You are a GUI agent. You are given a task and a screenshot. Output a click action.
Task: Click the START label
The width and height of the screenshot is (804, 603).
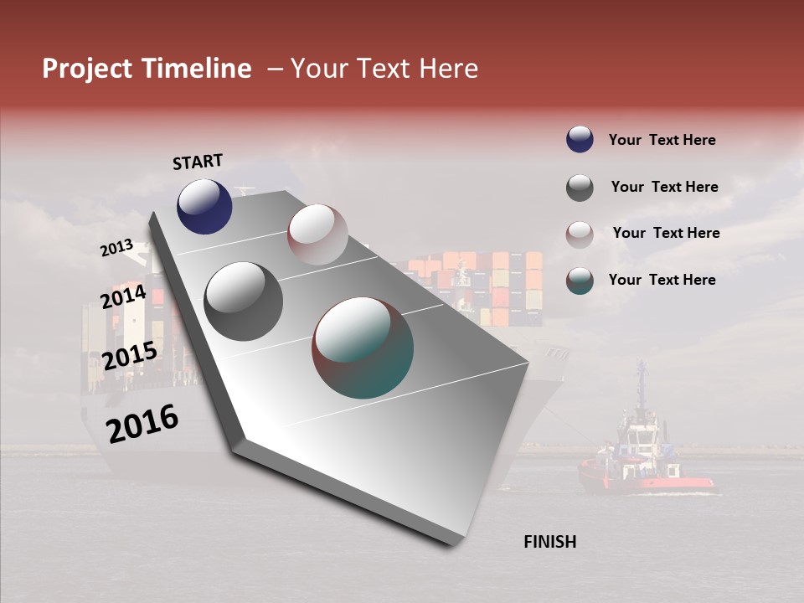[198, 162]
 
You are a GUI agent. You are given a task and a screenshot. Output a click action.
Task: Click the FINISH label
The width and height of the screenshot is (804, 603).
[549, 542]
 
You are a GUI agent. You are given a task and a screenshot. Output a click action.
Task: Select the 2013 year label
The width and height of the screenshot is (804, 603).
[116, 248]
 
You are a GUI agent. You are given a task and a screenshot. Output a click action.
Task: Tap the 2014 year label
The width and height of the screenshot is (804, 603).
[123, 297]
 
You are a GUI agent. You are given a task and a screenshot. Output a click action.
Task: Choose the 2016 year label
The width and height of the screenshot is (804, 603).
[142, 424]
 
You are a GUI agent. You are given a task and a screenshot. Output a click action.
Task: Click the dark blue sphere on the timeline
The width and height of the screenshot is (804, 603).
[204, 206]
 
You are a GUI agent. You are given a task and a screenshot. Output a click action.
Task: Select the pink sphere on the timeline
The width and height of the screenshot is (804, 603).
[317, 234]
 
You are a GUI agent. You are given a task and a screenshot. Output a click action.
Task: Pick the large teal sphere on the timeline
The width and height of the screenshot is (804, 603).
[363, 348]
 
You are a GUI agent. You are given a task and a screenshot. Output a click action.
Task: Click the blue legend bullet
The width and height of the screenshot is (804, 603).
[580, 140]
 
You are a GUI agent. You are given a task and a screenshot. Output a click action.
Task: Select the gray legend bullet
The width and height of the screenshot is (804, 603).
[580, 188]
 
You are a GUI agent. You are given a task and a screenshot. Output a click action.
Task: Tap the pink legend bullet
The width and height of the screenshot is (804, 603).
[580, 234]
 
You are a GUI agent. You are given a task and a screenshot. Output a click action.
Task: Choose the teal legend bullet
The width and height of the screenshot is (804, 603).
[580, 281]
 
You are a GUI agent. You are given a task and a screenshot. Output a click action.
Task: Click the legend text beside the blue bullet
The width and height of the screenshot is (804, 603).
[662, 140]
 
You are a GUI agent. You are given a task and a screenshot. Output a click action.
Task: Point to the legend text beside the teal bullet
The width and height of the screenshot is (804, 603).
[662, 280]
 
